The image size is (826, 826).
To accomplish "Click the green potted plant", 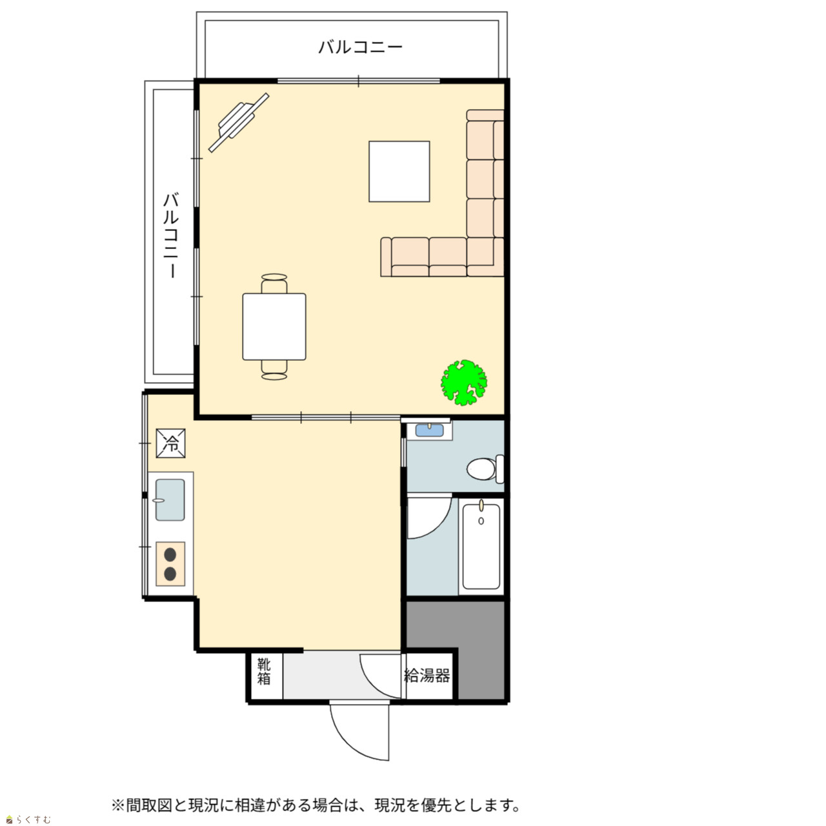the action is click(x=464, y=383).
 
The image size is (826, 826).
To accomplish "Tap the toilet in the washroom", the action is click(x=485, y=469).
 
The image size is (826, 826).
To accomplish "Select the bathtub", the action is click(x=481, y=547).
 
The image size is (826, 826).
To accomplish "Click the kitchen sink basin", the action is click(x=170, y=500).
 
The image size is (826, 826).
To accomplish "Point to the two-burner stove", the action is click(x=170, y=564).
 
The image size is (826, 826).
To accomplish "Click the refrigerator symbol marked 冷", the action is click(x=170, y=443).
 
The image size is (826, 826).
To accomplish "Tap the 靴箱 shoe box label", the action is click(x=264, y=672).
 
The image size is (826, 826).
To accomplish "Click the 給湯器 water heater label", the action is click(x=427, y=676).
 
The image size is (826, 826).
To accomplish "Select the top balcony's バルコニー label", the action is click(x=360, y=46).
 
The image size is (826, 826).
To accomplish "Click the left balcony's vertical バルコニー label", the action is click(x=171, y=236).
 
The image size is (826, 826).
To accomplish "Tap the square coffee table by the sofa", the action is click(x=399, y=172).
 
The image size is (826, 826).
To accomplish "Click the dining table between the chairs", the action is click(x=274, y=327).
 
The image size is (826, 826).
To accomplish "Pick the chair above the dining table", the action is click(x=274, y=283).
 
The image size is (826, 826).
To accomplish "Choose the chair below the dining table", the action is click(x=274, y=370).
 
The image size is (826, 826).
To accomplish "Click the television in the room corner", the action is click(x=238, y=123).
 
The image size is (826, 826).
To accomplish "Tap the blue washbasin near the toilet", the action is click(x=430, y=430).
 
